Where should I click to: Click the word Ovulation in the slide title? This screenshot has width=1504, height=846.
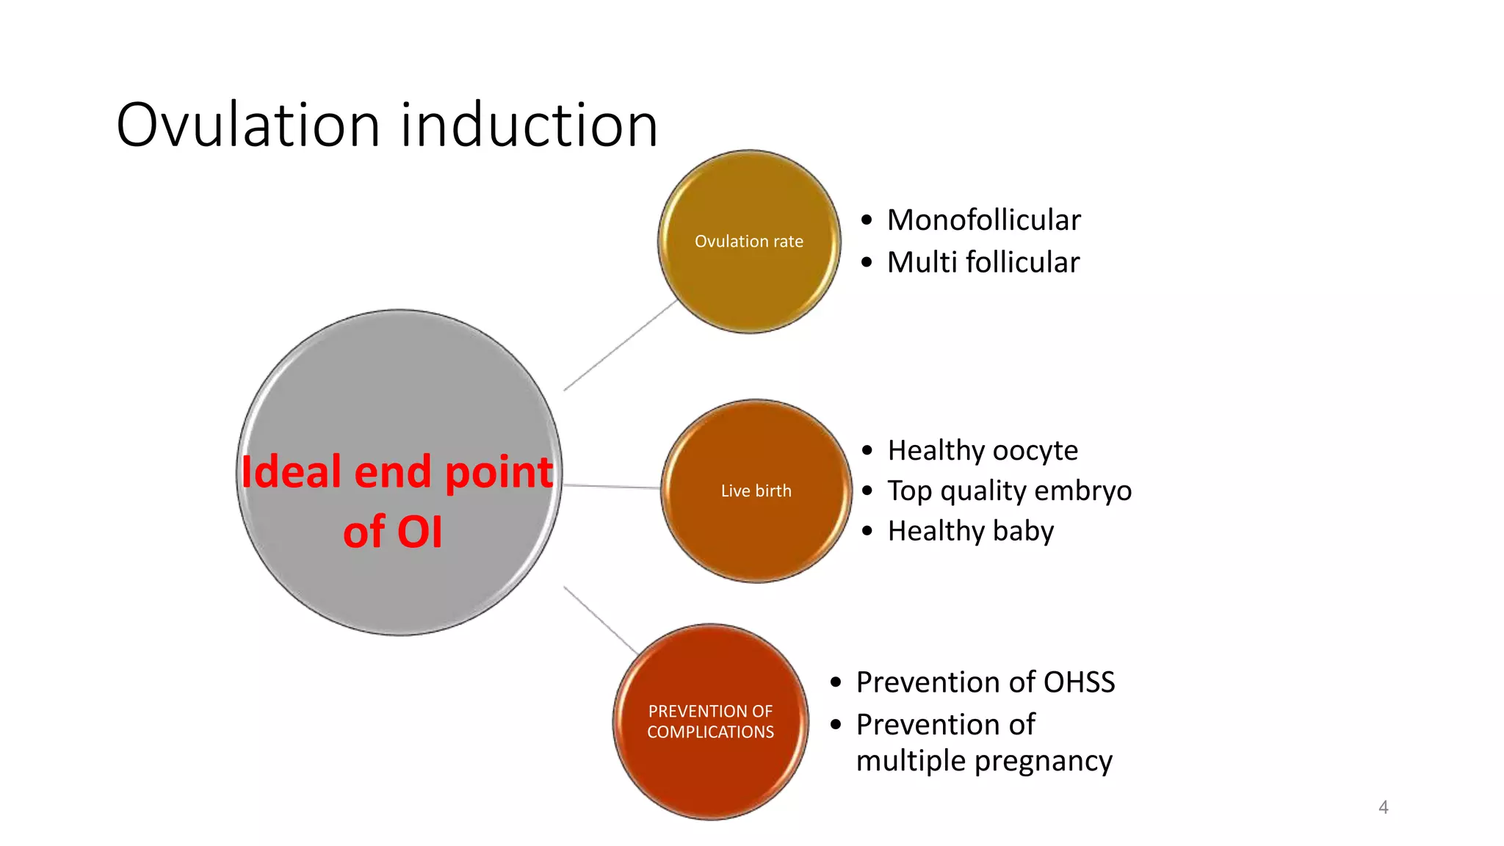247,125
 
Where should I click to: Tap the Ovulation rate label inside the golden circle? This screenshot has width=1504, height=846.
749,242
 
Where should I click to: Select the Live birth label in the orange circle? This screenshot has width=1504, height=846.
756,491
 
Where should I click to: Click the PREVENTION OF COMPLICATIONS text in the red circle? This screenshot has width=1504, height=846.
710,721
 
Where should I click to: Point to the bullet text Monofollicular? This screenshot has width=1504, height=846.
983,220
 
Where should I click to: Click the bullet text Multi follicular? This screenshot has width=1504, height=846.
983,262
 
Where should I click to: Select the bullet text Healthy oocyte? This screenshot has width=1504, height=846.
983,450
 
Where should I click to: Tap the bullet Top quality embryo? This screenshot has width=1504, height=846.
1009,491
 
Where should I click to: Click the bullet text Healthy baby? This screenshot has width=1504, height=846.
970,531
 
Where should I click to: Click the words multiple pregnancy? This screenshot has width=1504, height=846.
984,761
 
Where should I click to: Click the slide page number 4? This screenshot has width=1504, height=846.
1383,807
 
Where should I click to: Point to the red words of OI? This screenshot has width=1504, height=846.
393,532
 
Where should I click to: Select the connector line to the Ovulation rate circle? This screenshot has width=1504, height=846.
621,345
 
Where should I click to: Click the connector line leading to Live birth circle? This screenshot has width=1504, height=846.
612,486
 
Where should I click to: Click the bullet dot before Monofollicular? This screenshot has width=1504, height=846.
867,220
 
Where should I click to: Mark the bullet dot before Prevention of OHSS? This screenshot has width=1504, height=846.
836,682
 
